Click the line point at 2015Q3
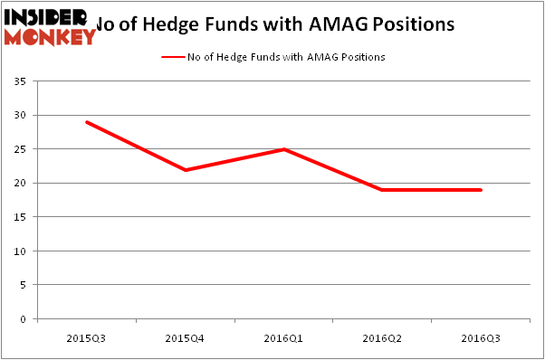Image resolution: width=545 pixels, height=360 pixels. (87, 122)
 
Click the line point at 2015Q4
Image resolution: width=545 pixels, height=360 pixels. (186, 170)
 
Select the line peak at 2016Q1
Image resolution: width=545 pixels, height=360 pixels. (284, 149)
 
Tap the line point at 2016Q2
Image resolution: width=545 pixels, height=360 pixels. (383, 190)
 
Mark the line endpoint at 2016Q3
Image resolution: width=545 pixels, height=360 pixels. (481, 190)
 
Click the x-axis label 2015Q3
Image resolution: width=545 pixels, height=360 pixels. (87, 337)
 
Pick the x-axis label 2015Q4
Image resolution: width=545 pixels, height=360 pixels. (186, 337)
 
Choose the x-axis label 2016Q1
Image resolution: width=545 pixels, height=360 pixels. (284, 337)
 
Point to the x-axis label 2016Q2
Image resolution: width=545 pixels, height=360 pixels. (383, 337)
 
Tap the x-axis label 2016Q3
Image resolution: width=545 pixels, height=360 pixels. (482, 337)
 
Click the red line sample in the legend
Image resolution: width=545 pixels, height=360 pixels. (172, 57)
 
